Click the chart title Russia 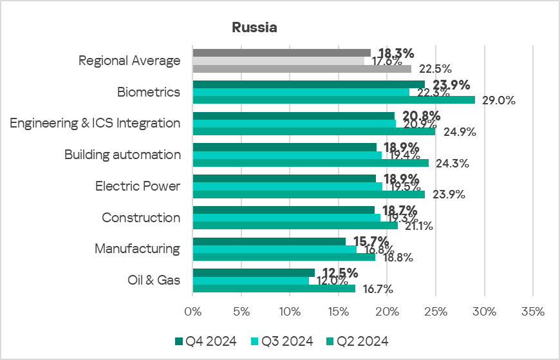point(254,28)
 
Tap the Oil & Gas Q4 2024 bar point(254,272)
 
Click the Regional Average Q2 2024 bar point(302,68)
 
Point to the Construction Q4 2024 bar point(283,210)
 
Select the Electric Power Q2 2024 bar point(308,194)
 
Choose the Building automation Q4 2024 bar point(285,147)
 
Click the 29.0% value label point(496,100)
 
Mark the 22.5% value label point(435,69)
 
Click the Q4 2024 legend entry point(205,341)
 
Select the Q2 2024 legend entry point(357,341)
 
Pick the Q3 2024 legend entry point(281,341)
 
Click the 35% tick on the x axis point(533,312)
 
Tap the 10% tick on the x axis point(290,312)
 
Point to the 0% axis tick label point(192,312)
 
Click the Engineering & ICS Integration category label point(95,123)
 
